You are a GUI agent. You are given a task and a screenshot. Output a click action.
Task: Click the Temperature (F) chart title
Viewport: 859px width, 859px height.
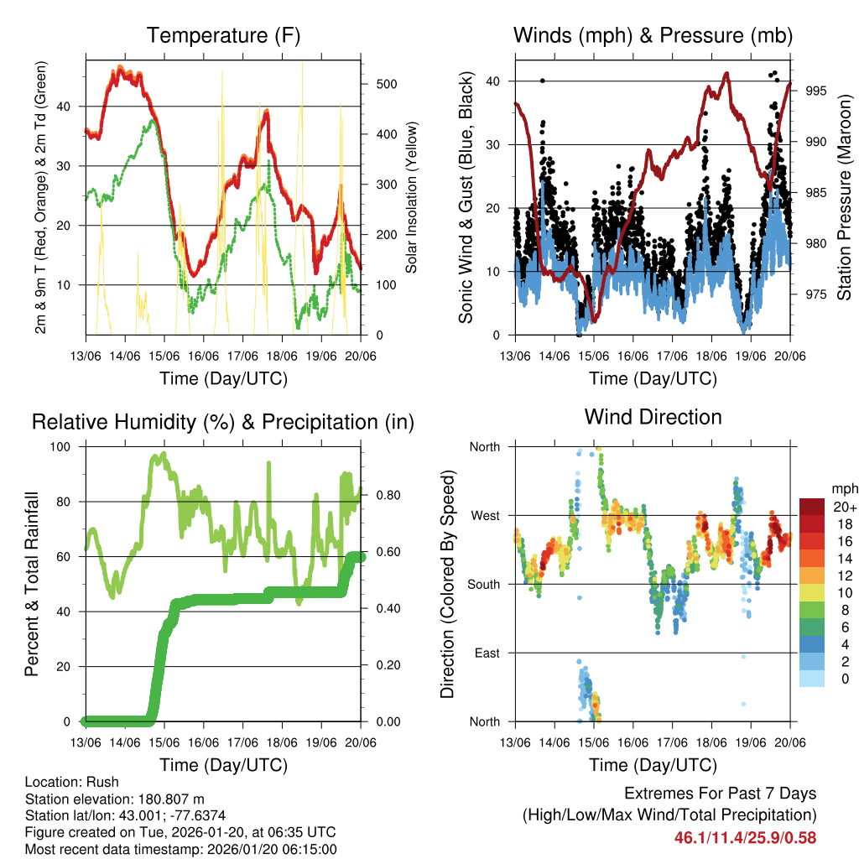coord(223,35)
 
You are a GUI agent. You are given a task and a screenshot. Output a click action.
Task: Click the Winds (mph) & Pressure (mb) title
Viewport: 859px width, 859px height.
coord(653,35)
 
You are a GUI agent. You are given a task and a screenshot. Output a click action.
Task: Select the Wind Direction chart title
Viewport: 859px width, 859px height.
coord(653,417)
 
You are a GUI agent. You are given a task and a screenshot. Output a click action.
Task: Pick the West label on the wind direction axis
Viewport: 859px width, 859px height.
coord(485,515)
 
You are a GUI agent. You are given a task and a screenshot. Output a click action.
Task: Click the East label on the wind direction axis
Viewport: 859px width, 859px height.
coord(487,653)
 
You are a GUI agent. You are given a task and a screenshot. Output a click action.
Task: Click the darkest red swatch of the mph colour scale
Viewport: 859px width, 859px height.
coord(811,507)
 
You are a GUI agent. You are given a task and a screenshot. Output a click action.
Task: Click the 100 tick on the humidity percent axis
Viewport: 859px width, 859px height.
coord(62,447)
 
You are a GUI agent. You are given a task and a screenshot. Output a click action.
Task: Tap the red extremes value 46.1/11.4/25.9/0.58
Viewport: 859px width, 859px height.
coord(745,837)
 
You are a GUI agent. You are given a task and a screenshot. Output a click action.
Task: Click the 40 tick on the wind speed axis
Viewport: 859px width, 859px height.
coord(495,81)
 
